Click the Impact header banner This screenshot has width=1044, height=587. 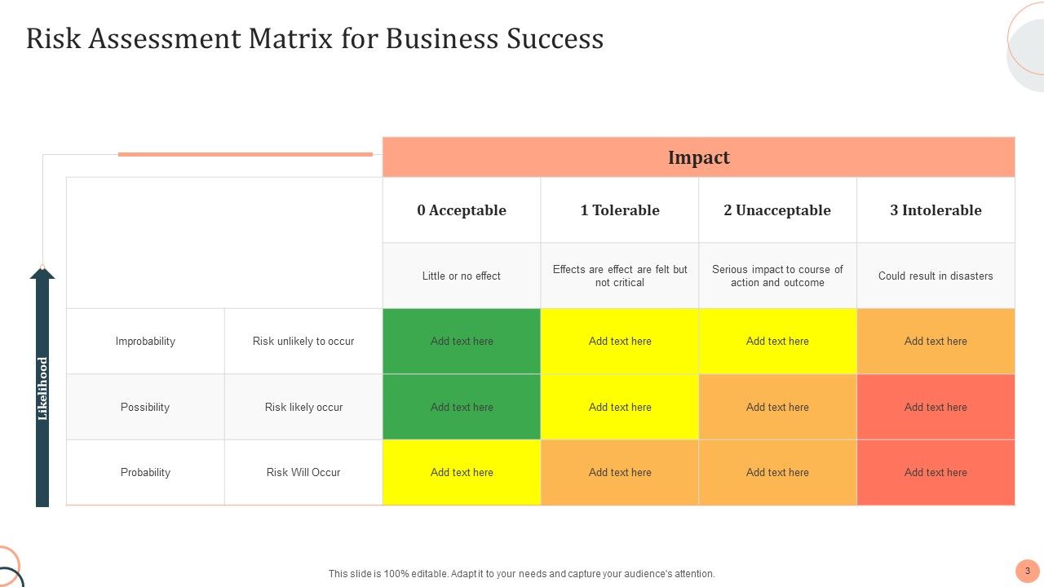pyautogui.click(x=698, y=157)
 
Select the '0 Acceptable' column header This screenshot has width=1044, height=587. pyautogui.click(x=462, y=210)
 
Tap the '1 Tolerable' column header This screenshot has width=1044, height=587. pyautogui.click(x=620, y=210)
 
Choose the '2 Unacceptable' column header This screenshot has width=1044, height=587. pyautogui.click(x=777, y=210)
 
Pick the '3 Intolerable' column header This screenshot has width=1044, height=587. pyautogui.click(x=936, y=210)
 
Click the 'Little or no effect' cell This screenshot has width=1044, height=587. pyautogui.click(x=462, y=276)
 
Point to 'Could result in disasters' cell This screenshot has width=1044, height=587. pyautogui.click(x=936, y=276)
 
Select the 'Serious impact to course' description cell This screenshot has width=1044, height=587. pyautogui.click(x=777, y=276)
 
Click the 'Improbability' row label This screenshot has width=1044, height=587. pyautogui.click(x=145, y=341)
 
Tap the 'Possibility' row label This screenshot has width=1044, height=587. pyautogui.click(x=145, y=407)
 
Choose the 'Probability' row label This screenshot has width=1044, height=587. pyautogui.click(x=145, y=472)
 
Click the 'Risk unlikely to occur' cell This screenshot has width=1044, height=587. pyautogui.click(x=303, y=341)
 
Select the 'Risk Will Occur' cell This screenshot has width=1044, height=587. pyautogui.click(x=303, y=472)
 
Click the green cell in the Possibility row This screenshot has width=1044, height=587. pyautogui.click(x=462, y=407)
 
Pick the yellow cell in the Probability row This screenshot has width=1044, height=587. pyautogui.click(x=462, y=472)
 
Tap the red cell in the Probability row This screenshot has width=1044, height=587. pyautogui.click(x=936, y=472)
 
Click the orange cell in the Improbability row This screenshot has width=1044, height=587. pyautogui.click(x=936, y=341)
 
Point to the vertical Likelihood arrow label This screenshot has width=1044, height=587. pyautogui.click(x=42, y=389)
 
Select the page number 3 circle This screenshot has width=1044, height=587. pyautogui.click(x=1028, y=571)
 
